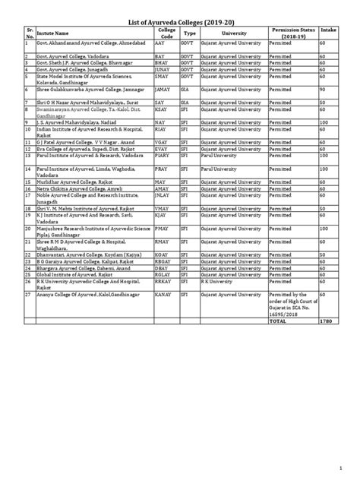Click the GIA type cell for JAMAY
185,90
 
